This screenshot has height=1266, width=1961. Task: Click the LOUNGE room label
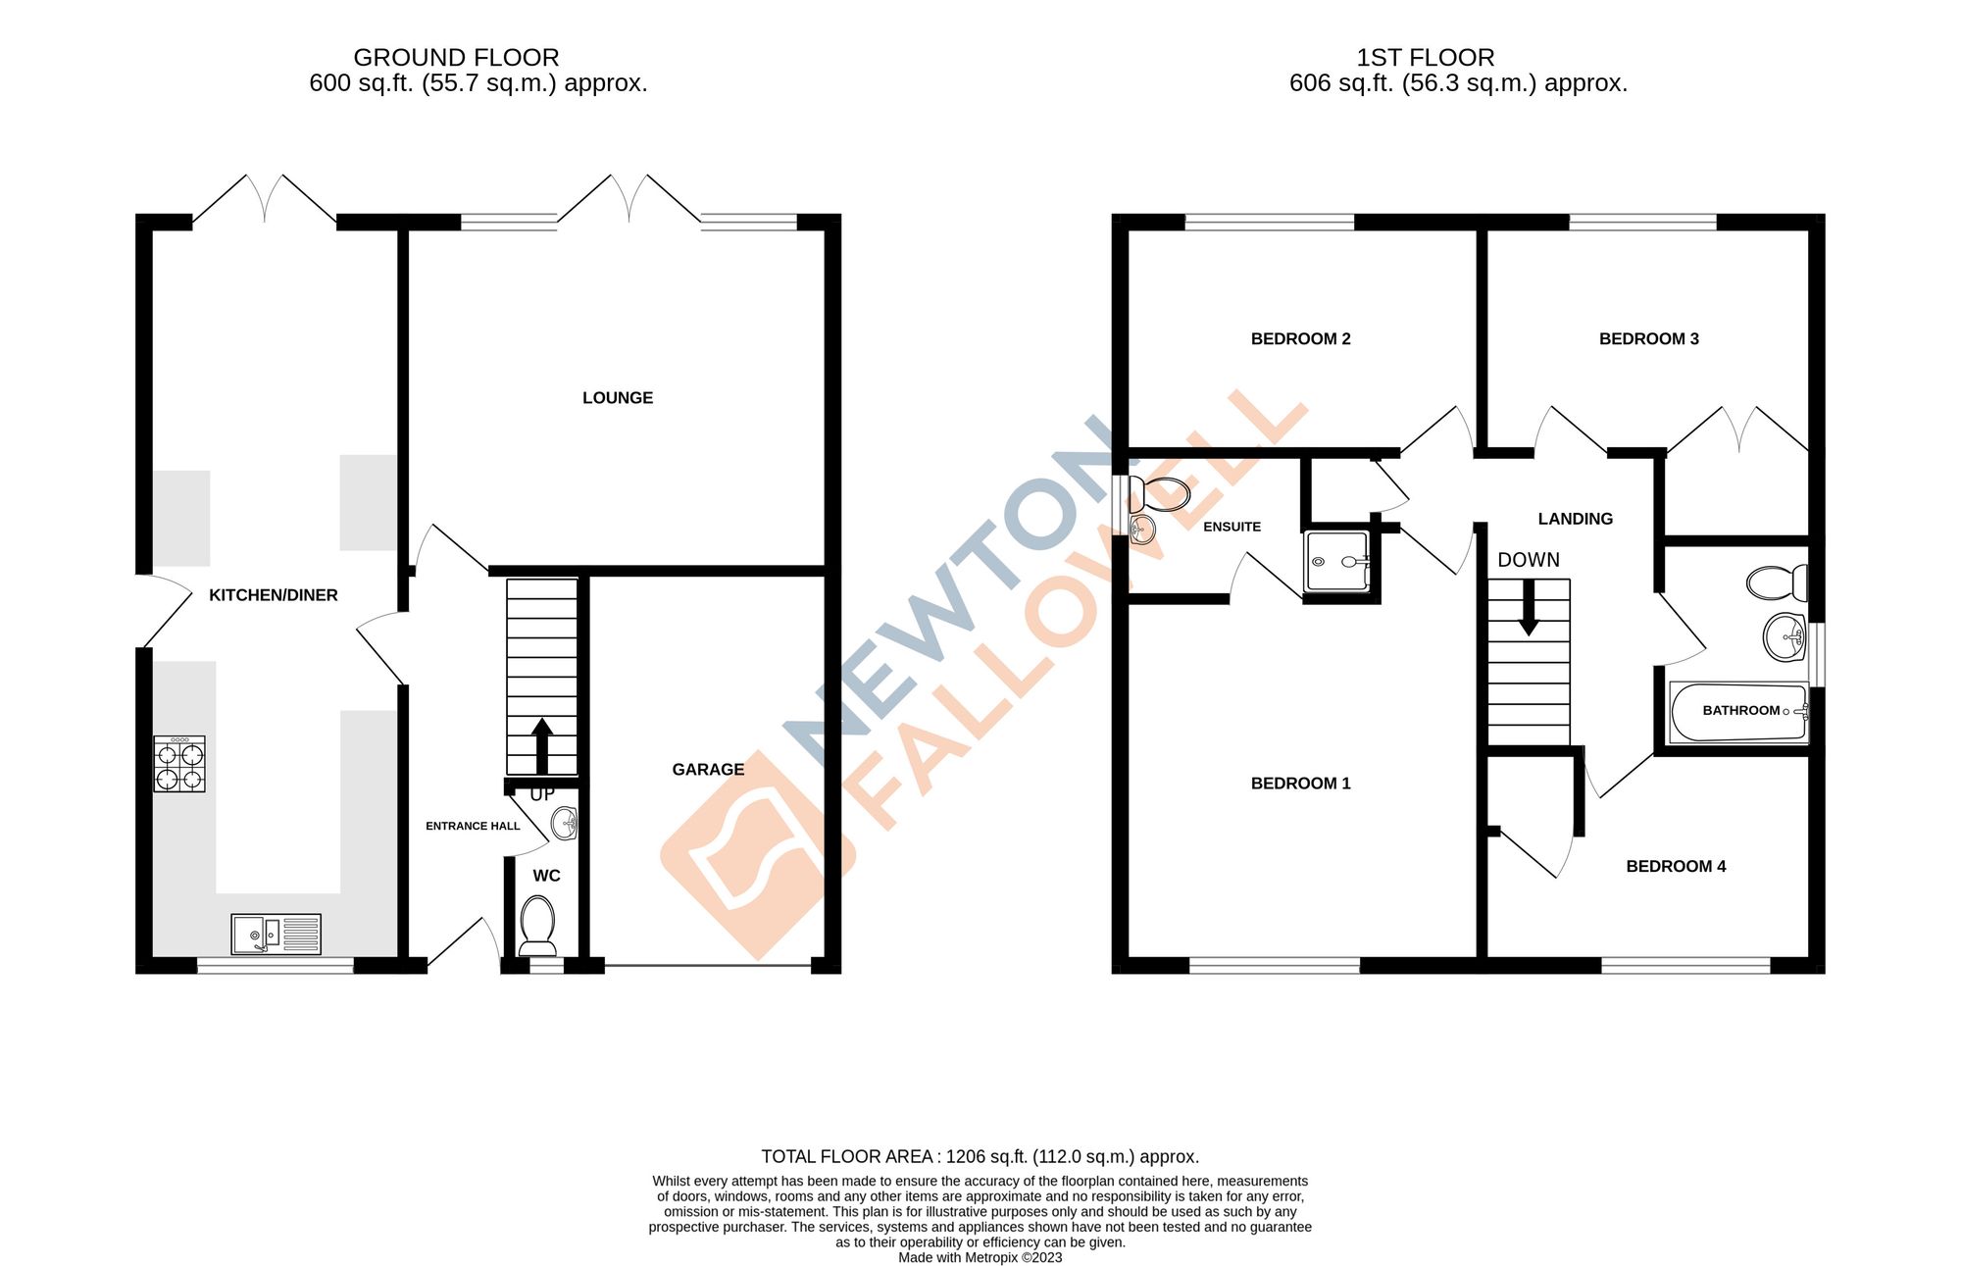click(x=617, y=397)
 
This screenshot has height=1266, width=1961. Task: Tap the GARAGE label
click(x=708, y=769)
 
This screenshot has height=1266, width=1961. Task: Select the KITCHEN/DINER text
click(x=273, y=594)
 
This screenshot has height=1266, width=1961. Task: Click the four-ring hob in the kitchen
click(x=179, y=764)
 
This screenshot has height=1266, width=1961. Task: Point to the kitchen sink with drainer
click(x=276, y=934)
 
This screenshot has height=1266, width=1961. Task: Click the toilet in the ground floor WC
click(x=537, y=925)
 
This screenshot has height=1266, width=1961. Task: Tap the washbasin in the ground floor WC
click(x=566, y=823)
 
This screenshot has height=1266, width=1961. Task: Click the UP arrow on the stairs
click(x=540, y=744)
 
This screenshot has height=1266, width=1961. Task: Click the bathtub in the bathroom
click(x=1738, y=711)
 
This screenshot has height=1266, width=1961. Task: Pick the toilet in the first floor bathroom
click(x=1776, y=582)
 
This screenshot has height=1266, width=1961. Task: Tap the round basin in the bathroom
click(x=1785, y=637)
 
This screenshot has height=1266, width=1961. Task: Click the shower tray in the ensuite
click(x=1335, y=562)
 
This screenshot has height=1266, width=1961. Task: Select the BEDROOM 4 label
click(x=1676, y=866)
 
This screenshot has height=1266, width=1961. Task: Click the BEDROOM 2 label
click(x=1300, y=338)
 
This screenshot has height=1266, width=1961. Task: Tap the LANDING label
click(x=1575, y=519)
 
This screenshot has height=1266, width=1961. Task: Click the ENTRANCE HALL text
click(x=473, y=826)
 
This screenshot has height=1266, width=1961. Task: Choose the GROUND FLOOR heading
click(x=456, y=58)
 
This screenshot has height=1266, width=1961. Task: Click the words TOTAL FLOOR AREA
click(x=846, y=1156)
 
